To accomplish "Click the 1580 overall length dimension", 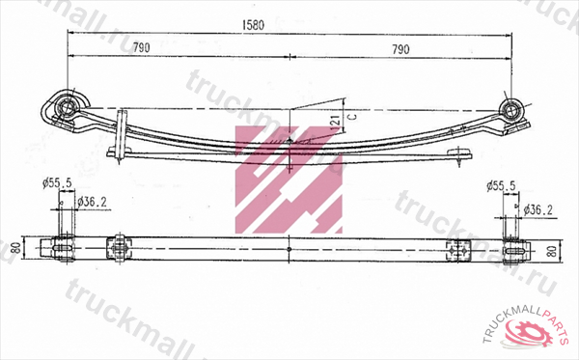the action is point(253,25).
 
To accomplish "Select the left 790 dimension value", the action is point(141,47).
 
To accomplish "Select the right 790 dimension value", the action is point(400,49).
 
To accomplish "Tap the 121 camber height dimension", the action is point(336,122).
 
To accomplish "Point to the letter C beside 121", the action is point(353,117).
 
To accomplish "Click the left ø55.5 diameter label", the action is point(57,182).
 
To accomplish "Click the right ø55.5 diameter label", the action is point(501,185).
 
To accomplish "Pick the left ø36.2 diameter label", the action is point(93,202).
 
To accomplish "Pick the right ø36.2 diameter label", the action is point(538,209).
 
